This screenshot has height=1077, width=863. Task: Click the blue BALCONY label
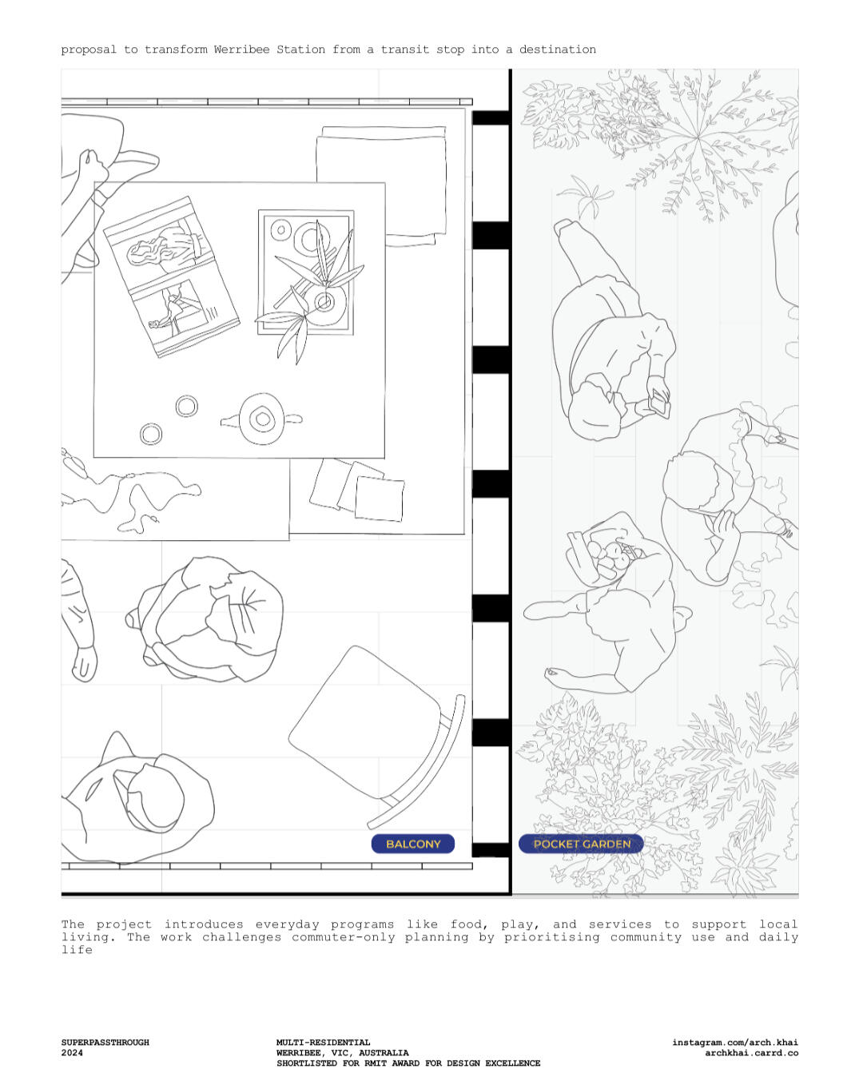point(412,844)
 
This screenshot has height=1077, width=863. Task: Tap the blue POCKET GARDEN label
point(581,844)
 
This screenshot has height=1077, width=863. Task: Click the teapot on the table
point(261,419)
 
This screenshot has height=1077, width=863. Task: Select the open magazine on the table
point(171,276)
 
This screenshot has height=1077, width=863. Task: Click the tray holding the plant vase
point(306,272)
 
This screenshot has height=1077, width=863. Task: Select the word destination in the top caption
point(557,50)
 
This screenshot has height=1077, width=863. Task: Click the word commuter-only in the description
point(344,937)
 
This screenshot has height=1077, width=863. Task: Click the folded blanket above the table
point(381,186)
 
